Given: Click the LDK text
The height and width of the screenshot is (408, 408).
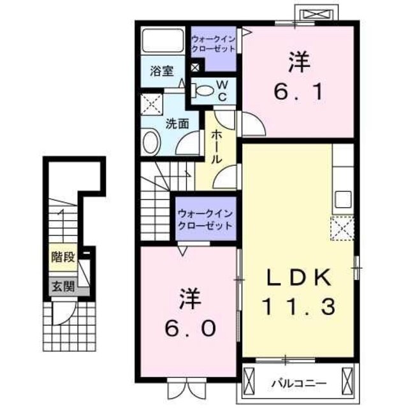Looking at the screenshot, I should (298, 279).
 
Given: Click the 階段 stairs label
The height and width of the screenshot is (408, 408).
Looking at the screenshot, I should (63, 258).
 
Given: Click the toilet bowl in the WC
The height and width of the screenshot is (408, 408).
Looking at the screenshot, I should (204, 89).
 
